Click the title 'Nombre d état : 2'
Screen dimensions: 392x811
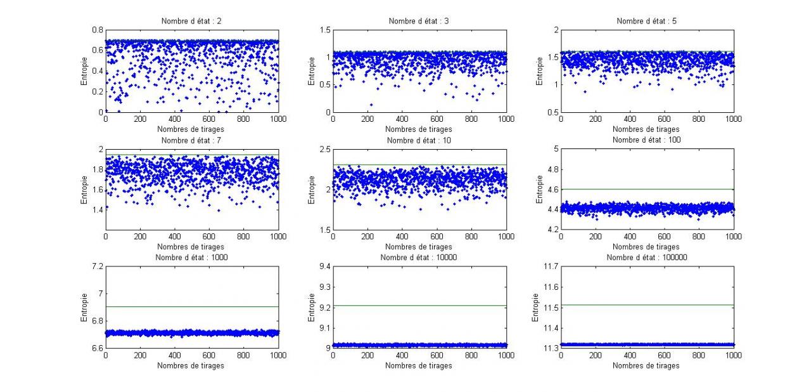tap(191, 22)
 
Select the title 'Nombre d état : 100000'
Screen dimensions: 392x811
tap(647, 258)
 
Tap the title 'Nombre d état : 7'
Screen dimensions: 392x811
tap(191, 140)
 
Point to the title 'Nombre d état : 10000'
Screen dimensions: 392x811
tap(419, 258)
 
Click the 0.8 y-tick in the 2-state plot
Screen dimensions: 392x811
tap(97, 30)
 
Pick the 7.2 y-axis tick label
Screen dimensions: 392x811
tap(97, 266)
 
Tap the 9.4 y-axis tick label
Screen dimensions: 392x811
tap(323, 266)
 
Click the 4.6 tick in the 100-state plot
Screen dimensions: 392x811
tap(552, 189)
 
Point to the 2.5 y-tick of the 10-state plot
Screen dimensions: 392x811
tap(323, 148)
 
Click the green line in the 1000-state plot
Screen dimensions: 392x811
tap(191, 307)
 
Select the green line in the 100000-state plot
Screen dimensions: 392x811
tap(647, 305)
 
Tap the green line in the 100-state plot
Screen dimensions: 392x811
tap(647, 189)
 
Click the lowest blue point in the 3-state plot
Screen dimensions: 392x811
tap(371, 105)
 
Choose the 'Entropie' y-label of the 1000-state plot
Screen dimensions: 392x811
tap(84, 307)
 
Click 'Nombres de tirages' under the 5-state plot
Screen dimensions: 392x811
tap(647, 129)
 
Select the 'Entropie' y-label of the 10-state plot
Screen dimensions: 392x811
tap(312, 189)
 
